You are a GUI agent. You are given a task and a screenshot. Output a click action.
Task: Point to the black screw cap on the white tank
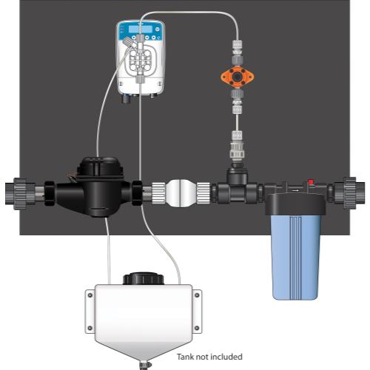pos(140,280)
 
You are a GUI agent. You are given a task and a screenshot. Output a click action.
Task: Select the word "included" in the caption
pos(225,356)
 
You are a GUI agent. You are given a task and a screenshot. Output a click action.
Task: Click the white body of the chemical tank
pos(141,311)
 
